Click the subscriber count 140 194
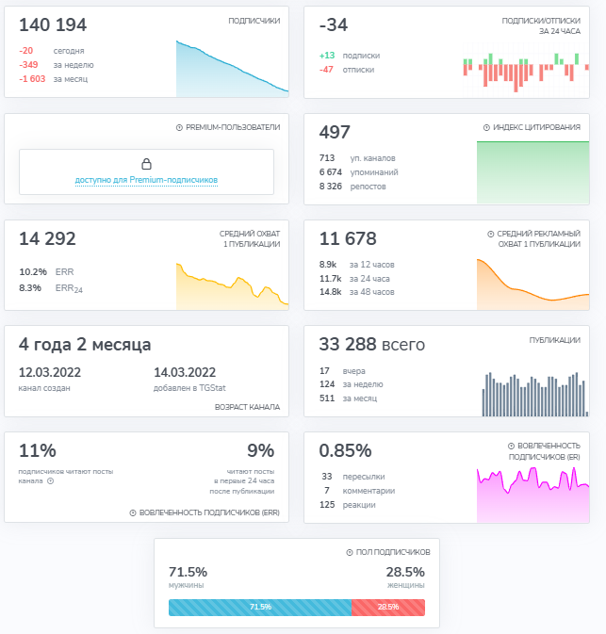click(53, 25)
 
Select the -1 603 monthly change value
click(32, 79)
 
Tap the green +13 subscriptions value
click(327, 56)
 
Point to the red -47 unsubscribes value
click(326, 70)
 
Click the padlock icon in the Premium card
click(146, 164)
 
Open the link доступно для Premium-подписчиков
click(146, 180)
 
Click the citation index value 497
click(335, 132)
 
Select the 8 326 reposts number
click(331, 187)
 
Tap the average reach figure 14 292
click(47, 238)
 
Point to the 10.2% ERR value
click(33, 271)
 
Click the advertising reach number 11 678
click(348, 238)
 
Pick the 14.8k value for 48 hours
click(330, 292)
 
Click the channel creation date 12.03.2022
click(50, 372)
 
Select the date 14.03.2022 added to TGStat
click(185, 372)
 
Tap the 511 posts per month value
click(327, 398)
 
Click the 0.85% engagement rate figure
click(345, 451)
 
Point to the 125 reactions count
click(327, 505)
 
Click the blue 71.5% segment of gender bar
click(260, 608)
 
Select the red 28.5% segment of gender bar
click(388, 608)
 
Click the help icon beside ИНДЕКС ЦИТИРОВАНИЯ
click(486, 128)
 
